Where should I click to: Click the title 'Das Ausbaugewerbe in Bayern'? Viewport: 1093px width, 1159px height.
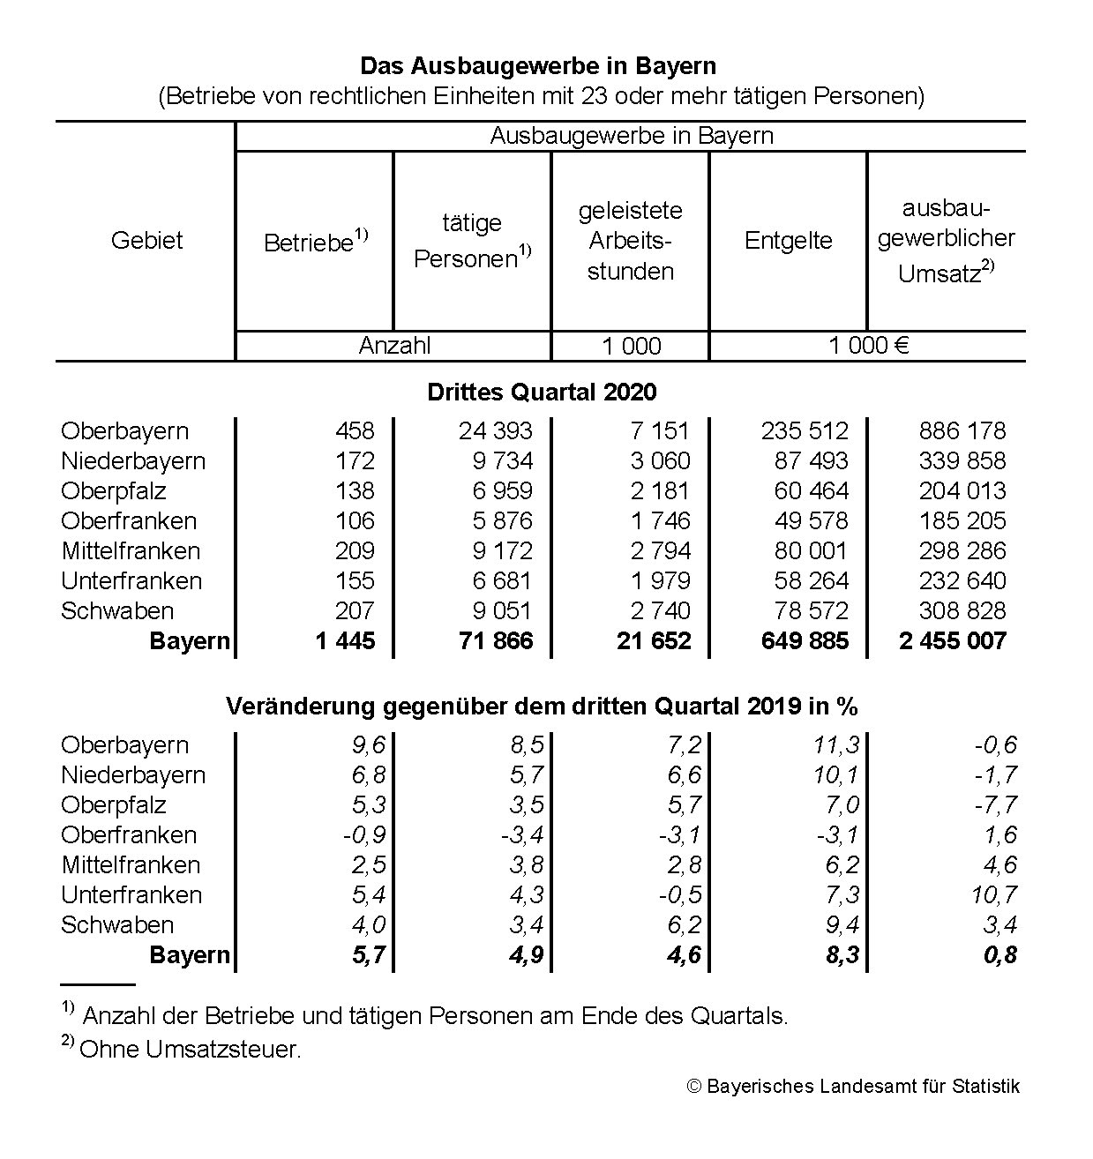tap(537, 66)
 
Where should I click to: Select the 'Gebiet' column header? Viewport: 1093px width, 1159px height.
tap(146, 240)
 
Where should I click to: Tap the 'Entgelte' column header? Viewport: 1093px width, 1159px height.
tap(788, 240)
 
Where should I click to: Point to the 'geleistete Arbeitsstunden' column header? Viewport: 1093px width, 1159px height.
tap(630, 240)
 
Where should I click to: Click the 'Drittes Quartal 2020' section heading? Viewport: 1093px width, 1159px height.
tap(542, 392)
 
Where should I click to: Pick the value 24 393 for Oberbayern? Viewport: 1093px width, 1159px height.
tap(495, 430)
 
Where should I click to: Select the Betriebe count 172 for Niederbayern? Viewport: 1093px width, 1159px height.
tap(355, 460)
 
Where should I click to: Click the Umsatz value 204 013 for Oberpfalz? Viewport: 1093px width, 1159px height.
tap(962, 490)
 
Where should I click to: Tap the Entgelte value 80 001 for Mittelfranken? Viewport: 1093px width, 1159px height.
tap(811, 550)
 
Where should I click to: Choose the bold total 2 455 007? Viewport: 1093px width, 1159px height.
tap(952, 641)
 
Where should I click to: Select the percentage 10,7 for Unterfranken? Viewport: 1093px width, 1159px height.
tap(993, 894)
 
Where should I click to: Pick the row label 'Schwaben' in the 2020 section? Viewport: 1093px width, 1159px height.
tap(117, 610)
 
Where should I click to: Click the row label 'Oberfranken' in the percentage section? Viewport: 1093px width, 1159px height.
tap(129, 834)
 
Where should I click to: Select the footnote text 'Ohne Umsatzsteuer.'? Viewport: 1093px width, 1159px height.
tap(190, 1050)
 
